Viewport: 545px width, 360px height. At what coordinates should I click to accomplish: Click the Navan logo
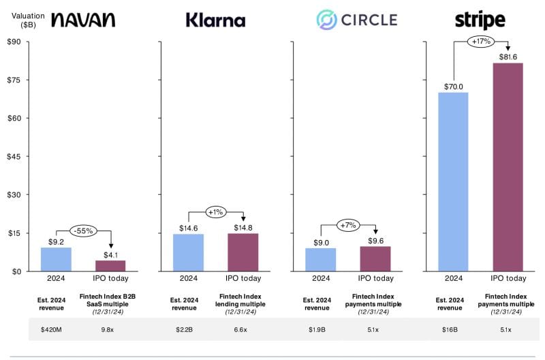pos(83,20)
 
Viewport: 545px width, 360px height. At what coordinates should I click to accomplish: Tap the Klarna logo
pos(215,20)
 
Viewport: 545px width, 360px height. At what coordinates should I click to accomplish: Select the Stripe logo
pos(480,20)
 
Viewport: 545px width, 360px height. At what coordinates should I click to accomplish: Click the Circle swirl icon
pos(326,20)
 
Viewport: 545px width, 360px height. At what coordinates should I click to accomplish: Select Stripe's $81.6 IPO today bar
pos(508,167)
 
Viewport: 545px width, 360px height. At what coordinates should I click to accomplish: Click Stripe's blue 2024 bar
pos(453,182)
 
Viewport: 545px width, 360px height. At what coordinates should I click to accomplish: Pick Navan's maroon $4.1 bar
pos(110,266)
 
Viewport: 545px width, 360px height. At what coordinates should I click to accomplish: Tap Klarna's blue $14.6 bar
pos(189,252)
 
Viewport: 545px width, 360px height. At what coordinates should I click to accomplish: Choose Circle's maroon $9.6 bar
pos(375,259)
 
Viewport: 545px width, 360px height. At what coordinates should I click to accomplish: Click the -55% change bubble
pos(83,230)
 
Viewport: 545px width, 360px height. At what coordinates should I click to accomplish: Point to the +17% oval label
pos(481,42)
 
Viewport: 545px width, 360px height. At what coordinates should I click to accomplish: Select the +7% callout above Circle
pos(348,225)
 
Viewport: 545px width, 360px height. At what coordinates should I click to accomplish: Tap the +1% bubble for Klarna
pos(216,212)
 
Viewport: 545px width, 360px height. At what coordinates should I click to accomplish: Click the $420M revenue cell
pos(51,329)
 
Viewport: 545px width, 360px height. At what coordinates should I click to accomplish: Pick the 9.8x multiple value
pos(108,329)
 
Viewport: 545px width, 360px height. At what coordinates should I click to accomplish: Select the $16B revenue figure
pos(450,329)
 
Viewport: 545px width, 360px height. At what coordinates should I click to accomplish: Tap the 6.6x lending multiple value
pos(240,329)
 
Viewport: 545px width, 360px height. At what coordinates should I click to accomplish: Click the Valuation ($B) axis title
pos(28,20)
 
